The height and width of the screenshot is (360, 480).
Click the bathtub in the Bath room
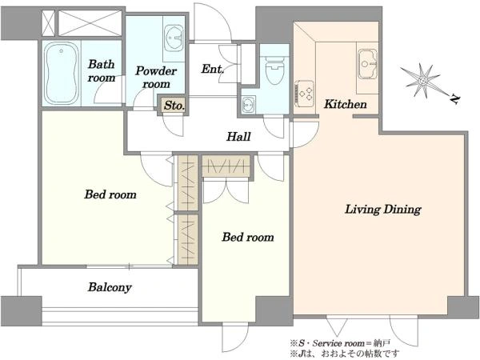point(62,74)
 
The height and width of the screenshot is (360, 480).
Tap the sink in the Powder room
point(174,38)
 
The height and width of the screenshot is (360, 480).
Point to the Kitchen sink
point(368,64)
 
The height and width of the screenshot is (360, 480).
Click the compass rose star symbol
point(422,81)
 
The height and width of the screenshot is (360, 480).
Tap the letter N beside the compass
point(455,99)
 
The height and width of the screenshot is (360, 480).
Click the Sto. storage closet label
point(174,106)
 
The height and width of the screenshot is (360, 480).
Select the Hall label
point(238,137)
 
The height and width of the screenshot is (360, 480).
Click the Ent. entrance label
point(213,69)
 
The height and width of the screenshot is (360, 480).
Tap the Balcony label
point(110,287)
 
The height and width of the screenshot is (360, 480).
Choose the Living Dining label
point(383,210)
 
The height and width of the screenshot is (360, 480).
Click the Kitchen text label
point(346,104)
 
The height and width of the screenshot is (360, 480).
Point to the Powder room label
point(156,77)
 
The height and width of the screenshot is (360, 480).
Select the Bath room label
point(102,70)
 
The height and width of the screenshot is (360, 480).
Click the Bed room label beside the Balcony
point(110,194)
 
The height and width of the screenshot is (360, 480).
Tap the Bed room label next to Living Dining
point(248,238)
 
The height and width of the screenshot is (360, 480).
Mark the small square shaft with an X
point(48,23)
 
